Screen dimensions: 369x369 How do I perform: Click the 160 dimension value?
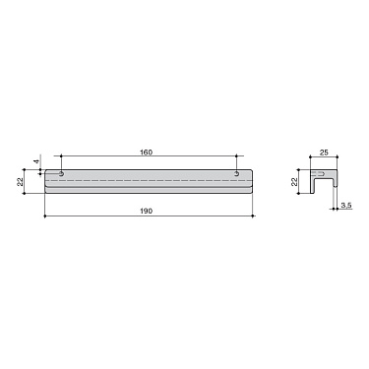[x=147, y=152]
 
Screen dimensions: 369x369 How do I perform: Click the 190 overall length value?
[x=147, y=210]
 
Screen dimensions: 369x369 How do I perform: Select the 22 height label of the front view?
[x=22, y=182]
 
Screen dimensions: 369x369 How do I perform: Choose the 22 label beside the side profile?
[x=294, y=182]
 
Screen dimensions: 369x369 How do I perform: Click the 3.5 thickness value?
[x=345, y=206]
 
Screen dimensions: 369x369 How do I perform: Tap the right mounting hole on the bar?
[x=237, y=175]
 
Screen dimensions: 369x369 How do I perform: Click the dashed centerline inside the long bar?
[x=148, y=182]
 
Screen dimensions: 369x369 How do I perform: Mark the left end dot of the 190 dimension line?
[x=44, y=216]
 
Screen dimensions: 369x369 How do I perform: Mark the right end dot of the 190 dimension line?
[x=254, y=216]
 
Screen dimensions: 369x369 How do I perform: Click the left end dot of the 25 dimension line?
[x=310, y=157]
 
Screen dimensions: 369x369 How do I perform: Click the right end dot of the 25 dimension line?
[x=338, y=157]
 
